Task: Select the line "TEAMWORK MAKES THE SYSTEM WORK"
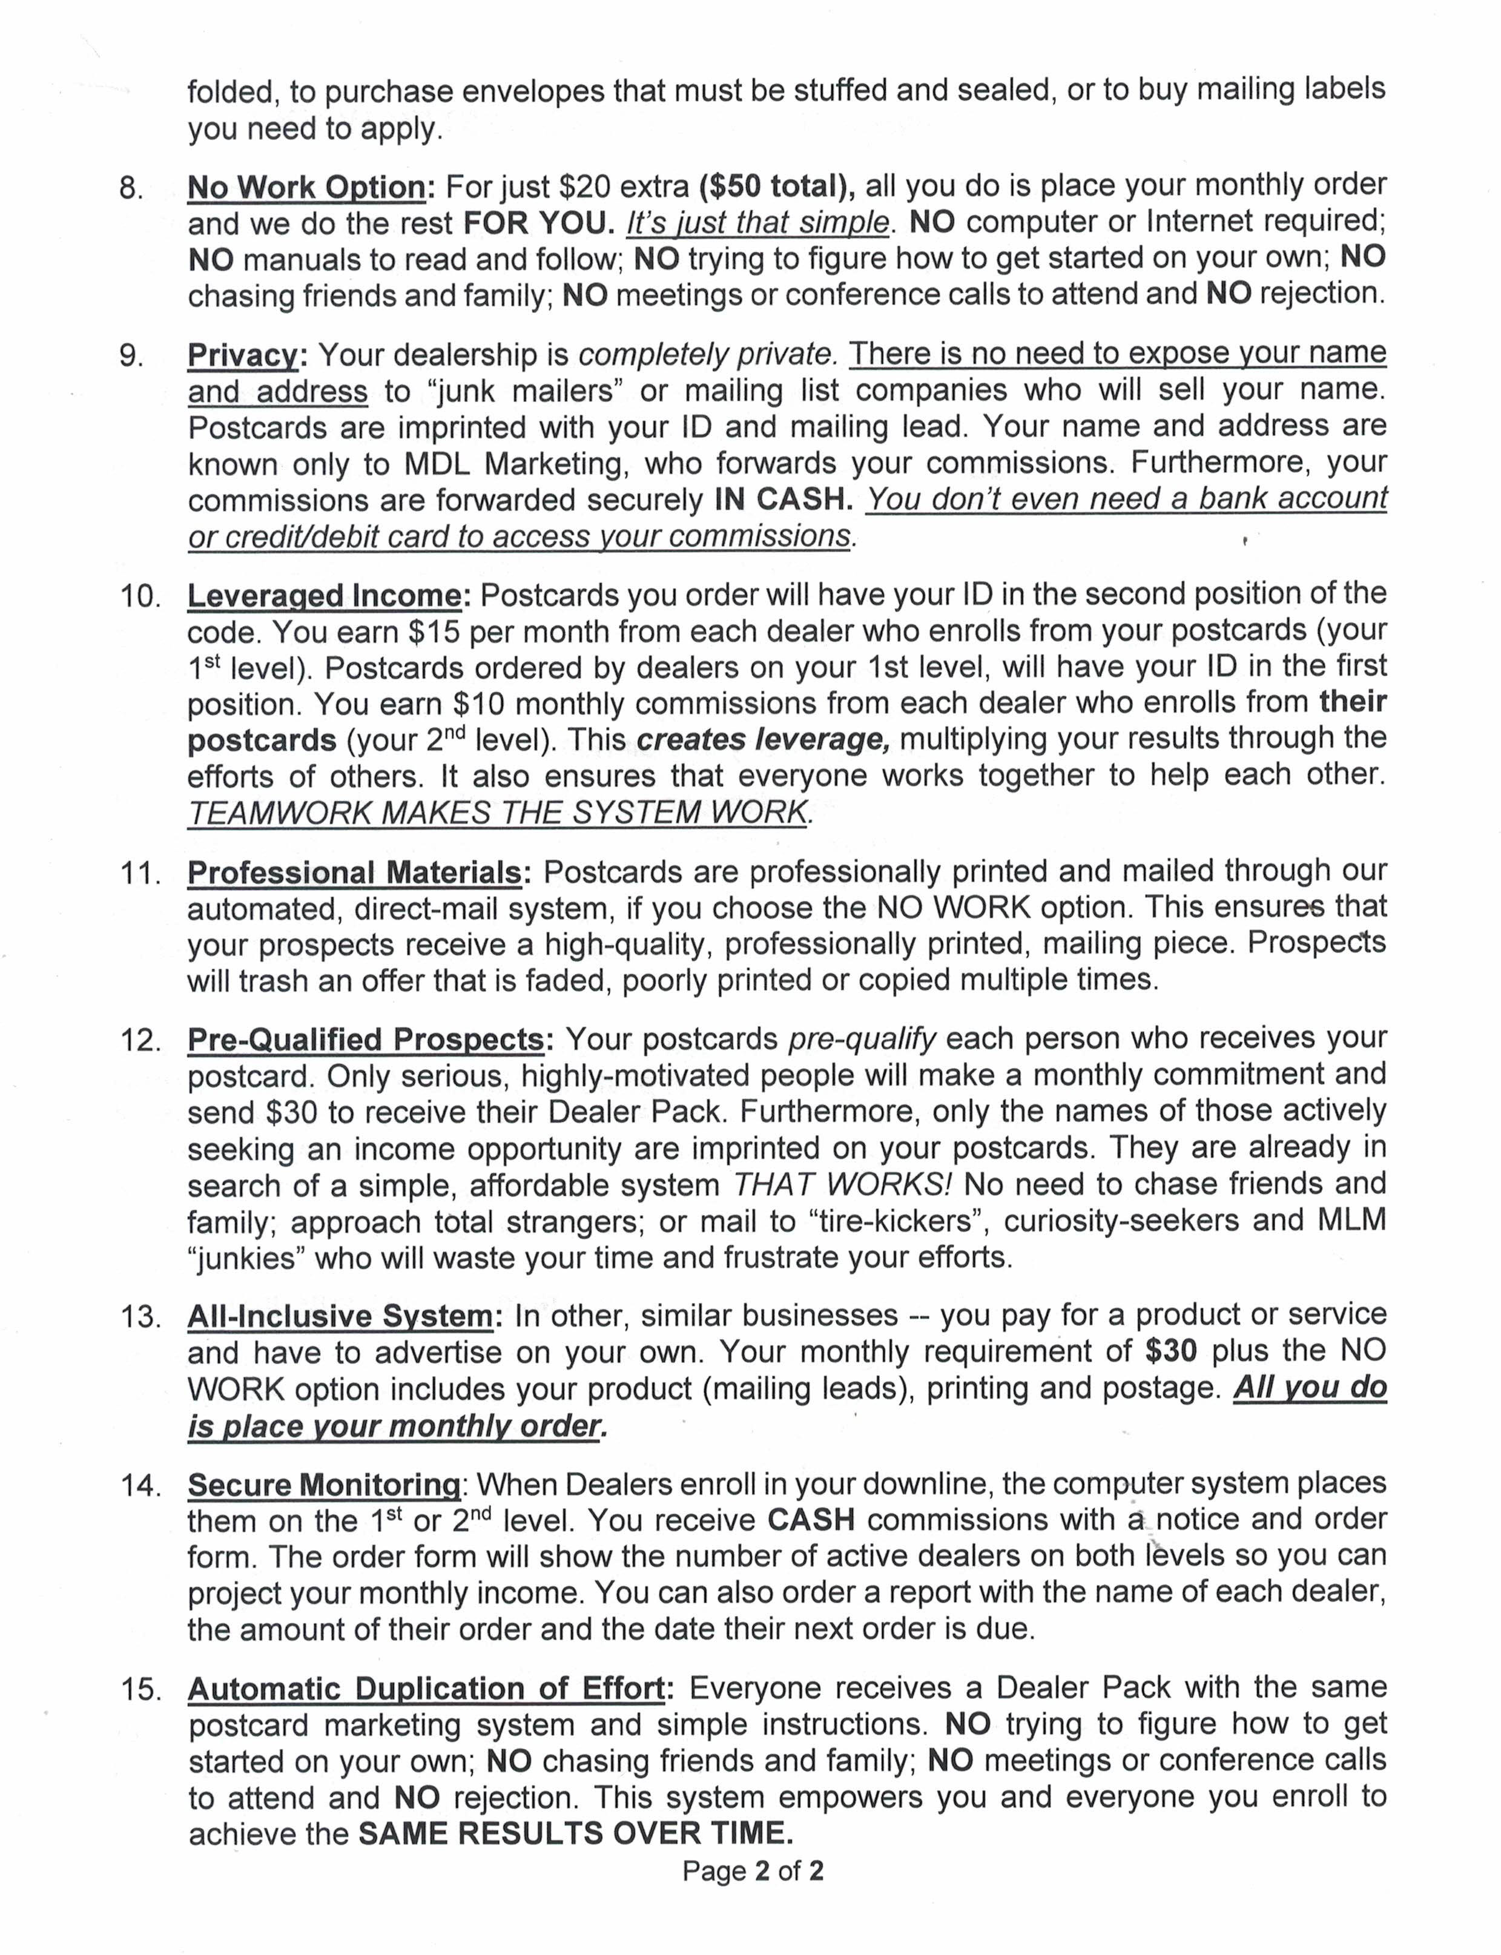498,812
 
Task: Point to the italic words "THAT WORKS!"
842,1185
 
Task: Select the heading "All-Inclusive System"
340,1316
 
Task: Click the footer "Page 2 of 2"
752,1871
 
